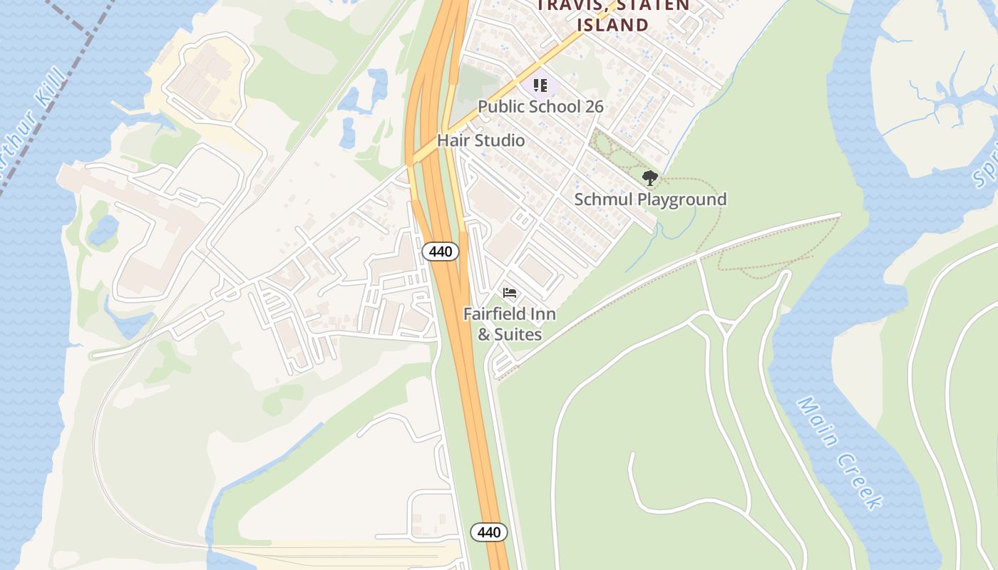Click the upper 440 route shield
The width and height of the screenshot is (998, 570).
[440, 251]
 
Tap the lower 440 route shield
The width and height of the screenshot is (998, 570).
[488, 532]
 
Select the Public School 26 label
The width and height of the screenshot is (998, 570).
[540, 107]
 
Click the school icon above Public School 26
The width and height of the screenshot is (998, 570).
[540, 86]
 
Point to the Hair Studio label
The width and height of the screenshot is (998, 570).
[480, 140]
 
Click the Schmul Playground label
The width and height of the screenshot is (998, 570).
[650, 199]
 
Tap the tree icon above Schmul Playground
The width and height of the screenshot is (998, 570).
[649, 177]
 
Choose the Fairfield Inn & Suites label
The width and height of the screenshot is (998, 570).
[510, 324]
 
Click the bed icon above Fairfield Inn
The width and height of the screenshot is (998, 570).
[510, 293]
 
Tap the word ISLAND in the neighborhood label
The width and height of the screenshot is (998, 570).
[612, 25]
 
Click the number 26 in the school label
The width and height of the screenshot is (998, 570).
[593, 107]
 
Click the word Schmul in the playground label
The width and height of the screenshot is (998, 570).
[603, 199]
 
